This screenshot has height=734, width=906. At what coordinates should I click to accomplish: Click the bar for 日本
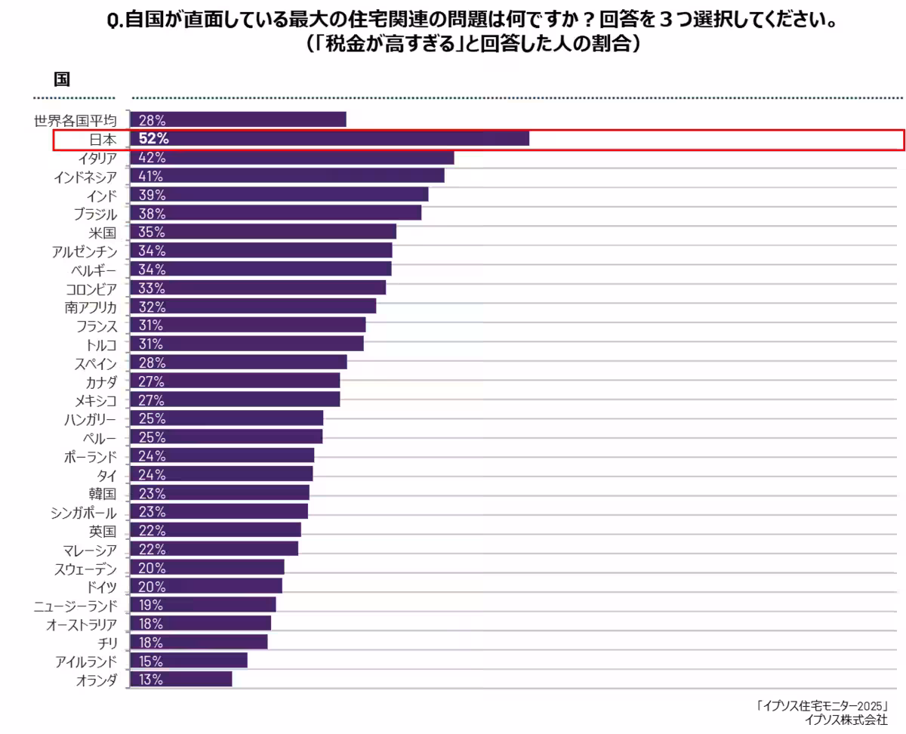click(329, 139)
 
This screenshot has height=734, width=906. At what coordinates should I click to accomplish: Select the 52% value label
click(153, 139)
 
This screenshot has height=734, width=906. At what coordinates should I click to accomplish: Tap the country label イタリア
click(97, 158)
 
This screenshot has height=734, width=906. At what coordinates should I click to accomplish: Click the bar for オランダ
click(181, 680)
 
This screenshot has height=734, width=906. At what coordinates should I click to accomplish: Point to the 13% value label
click(151, 680)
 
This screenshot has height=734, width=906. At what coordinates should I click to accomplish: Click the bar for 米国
click(263, 232)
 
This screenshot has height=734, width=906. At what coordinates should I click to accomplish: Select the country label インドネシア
click(85, 177)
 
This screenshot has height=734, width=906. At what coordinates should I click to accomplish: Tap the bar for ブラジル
click(276, 214)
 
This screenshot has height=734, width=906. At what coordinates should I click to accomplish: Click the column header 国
click(62, 79)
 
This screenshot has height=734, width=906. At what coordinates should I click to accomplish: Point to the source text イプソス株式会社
click(846, 720)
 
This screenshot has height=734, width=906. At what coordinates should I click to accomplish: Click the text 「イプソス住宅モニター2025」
click(821, 706)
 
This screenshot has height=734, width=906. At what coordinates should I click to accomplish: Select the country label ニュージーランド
click(75, 606)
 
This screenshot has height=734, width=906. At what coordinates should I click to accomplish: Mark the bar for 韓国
click(219, 493)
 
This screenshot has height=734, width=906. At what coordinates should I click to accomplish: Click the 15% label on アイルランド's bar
click(151, 661)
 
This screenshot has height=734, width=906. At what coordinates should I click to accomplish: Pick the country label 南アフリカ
click(91, 307)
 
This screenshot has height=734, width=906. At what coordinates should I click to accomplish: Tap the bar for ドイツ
click(205, 587)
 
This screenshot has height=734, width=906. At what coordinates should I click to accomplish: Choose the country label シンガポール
click(84, 512)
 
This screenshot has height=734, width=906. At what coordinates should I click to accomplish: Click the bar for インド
click(279, 195)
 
